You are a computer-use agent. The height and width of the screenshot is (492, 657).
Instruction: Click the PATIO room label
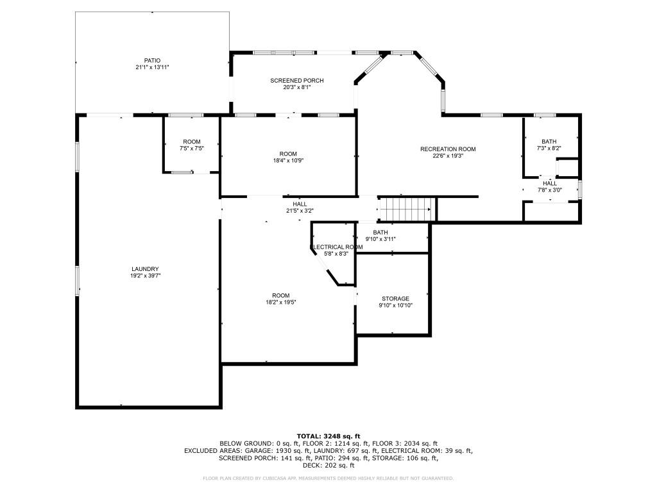coord(152,60)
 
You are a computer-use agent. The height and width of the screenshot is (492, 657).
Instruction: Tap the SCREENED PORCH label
coord(296,81)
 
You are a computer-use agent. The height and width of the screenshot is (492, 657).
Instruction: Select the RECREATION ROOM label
coord(448,149)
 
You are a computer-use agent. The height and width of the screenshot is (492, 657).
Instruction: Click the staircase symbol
coord(406,209)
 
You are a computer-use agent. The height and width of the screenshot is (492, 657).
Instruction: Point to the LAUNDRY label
coord(145,269)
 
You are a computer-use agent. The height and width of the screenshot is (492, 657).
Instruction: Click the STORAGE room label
coord(395,299)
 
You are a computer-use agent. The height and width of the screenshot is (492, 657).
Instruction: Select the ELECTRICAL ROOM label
coord(337,247)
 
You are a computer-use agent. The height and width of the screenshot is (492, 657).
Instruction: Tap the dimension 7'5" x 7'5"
coord(192,148)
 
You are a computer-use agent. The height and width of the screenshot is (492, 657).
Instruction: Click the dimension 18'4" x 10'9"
coord(288,160)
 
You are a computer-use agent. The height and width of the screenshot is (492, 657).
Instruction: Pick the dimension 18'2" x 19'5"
coord(281,302)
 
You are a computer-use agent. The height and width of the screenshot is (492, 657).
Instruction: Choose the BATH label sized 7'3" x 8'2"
coord(549,142)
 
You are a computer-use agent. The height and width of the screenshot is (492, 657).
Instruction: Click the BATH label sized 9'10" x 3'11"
coord(380,233)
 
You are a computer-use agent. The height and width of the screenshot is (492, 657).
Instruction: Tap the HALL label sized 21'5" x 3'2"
coord(300,204)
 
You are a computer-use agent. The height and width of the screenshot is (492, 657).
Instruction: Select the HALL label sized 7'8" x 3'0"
coord(550,183)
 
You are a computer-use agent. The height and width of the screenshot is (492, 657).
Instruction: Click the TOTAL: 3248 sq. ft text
coord(328,436)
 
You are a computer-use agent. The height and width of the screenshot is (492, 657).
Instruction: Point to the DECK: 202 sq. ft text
coord(328,465)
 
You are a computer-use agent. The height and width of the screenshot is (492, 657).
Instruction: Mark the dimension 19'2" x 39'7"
coord(145,275)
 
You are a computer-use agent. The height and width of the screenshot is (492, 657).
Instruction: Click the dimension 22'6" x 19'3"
coord(448,156)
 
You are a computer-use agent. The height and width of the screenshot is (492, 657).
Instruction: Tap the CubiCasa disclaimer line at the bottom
coord(328,478)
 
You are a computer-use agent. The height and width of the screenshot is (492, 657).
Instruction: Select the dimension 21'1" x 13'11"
coord(152,67)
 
